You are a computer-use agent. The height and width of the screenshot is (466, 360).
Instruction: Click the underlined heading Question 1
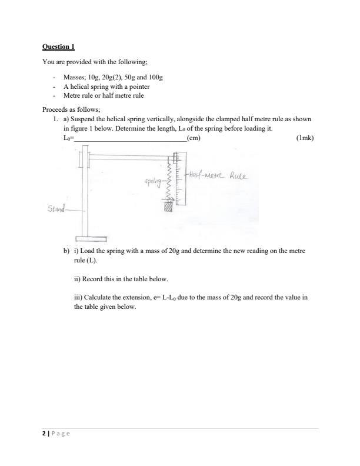(x=58, y=46)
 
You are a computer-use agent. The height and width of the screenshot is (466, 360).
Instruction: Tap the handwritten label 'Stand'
(x=56, y=208)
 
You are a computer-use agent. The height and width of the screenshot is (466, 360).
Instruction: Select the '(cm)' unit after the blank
(x=193, y=138)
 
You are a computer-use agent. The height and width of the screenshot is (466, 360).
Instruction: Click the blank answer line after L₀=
(x=129, y=139)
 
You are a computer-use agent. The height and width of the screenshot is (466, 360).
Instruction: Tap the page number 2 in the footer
(x=44, y=433)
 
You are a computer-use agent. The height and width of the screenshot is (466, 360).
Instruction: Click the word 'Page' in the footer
(x=61, y=433)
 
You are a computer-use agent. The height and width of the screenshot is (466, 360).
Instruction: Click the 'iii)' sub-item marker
(x=78, y=298)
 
